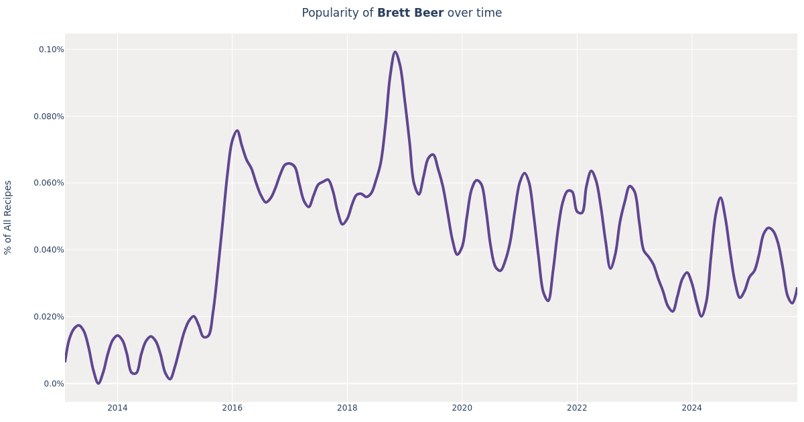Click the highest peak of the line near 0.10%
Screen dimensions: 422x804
click(x=395, y=52)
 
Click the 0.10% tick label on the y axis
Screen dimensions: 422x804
click(x=51, y=50)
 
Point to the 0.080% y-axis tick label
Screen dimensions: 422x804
click(x=49, y=117)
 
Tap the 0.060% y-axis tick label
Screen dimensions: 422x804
click(x=49, y=183)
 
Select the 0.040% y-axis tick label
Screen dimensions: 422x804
click(x=49, y=250)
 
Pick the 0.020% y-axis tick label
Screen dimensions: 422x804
click(x=49, y=317)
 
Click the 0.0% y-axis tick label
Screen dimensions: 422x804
click(x=54, y=384)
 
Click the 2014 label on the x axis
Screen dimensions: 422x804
click(x=117, y=408)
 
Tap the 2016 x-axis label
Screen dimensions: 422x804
click(x=232, y=408)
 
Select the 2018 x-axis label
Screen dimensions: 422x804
click(x=347, y=408)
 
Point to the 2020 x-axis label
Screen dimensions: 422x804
click(x=462, y=408)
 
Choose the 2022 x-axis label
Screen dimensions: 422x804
click(x=577, y=408)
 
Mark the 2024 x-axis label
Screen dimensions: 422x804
click(x=691, y=408)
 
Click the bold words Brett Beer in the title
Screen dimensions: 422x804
click(x=410, y=13)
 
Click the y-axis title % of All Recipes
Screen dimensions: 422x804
click(x=8, y=217)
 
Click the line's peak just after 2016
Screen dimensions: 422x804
click(x=237, y=131)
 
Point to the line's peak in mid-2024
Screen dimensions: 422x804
click(x=720, y=198)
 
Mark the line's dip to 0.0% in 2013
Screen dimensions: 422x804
click(x=98, y=383)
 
